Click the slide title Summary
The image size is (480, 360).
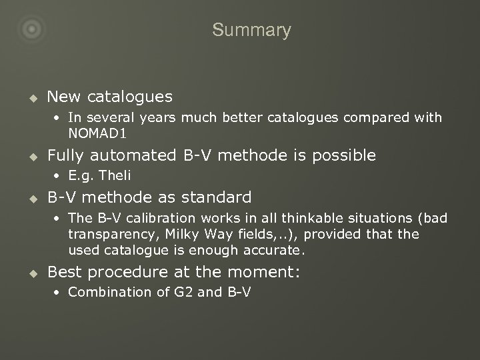[x=251, y=30]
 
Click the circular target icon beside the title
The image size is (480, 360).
[x=31, y=29]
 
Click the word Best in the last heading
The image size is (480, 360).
[x=64, y=273]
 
